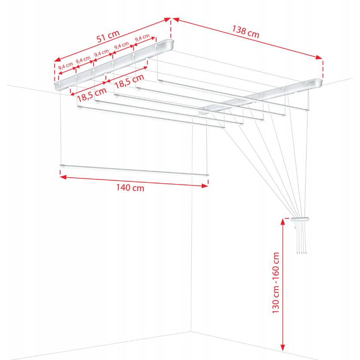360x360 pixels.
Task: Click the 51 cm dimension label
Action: [x=108, y=37]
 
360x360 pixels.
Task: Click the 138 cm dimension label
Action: [x=246, y=32]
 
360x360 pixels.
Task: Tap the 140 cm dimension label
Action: [x=130, y=188]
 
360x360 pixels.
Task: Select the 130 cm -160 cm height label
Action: [x=276, y=283]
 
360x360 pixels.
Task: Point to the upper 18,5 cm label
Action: [x=129, y=81]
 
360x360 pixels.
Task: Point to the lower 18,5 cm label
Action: [x=92, y=95]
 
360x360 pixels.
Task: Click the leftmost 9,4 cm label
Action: [x=65, y=66]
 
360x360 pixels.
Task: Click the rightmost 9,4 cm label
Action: [x=142, y=38]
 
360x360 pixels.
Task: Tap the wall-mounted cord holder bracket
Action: [x=300, y=219]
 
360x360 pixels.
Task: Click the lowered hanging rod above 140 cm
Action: [x=134, y=170]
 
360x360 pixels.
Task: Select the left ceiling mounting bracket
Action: [x=114, y=65]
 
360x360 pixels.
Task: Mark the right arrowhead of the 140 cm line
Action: [x=205, y=186]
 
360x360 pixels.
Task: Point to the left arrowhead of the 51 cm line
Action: [x=57, y=60]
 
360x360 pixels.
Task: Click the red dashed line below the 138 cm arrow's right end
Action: [x=323, y=69]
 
